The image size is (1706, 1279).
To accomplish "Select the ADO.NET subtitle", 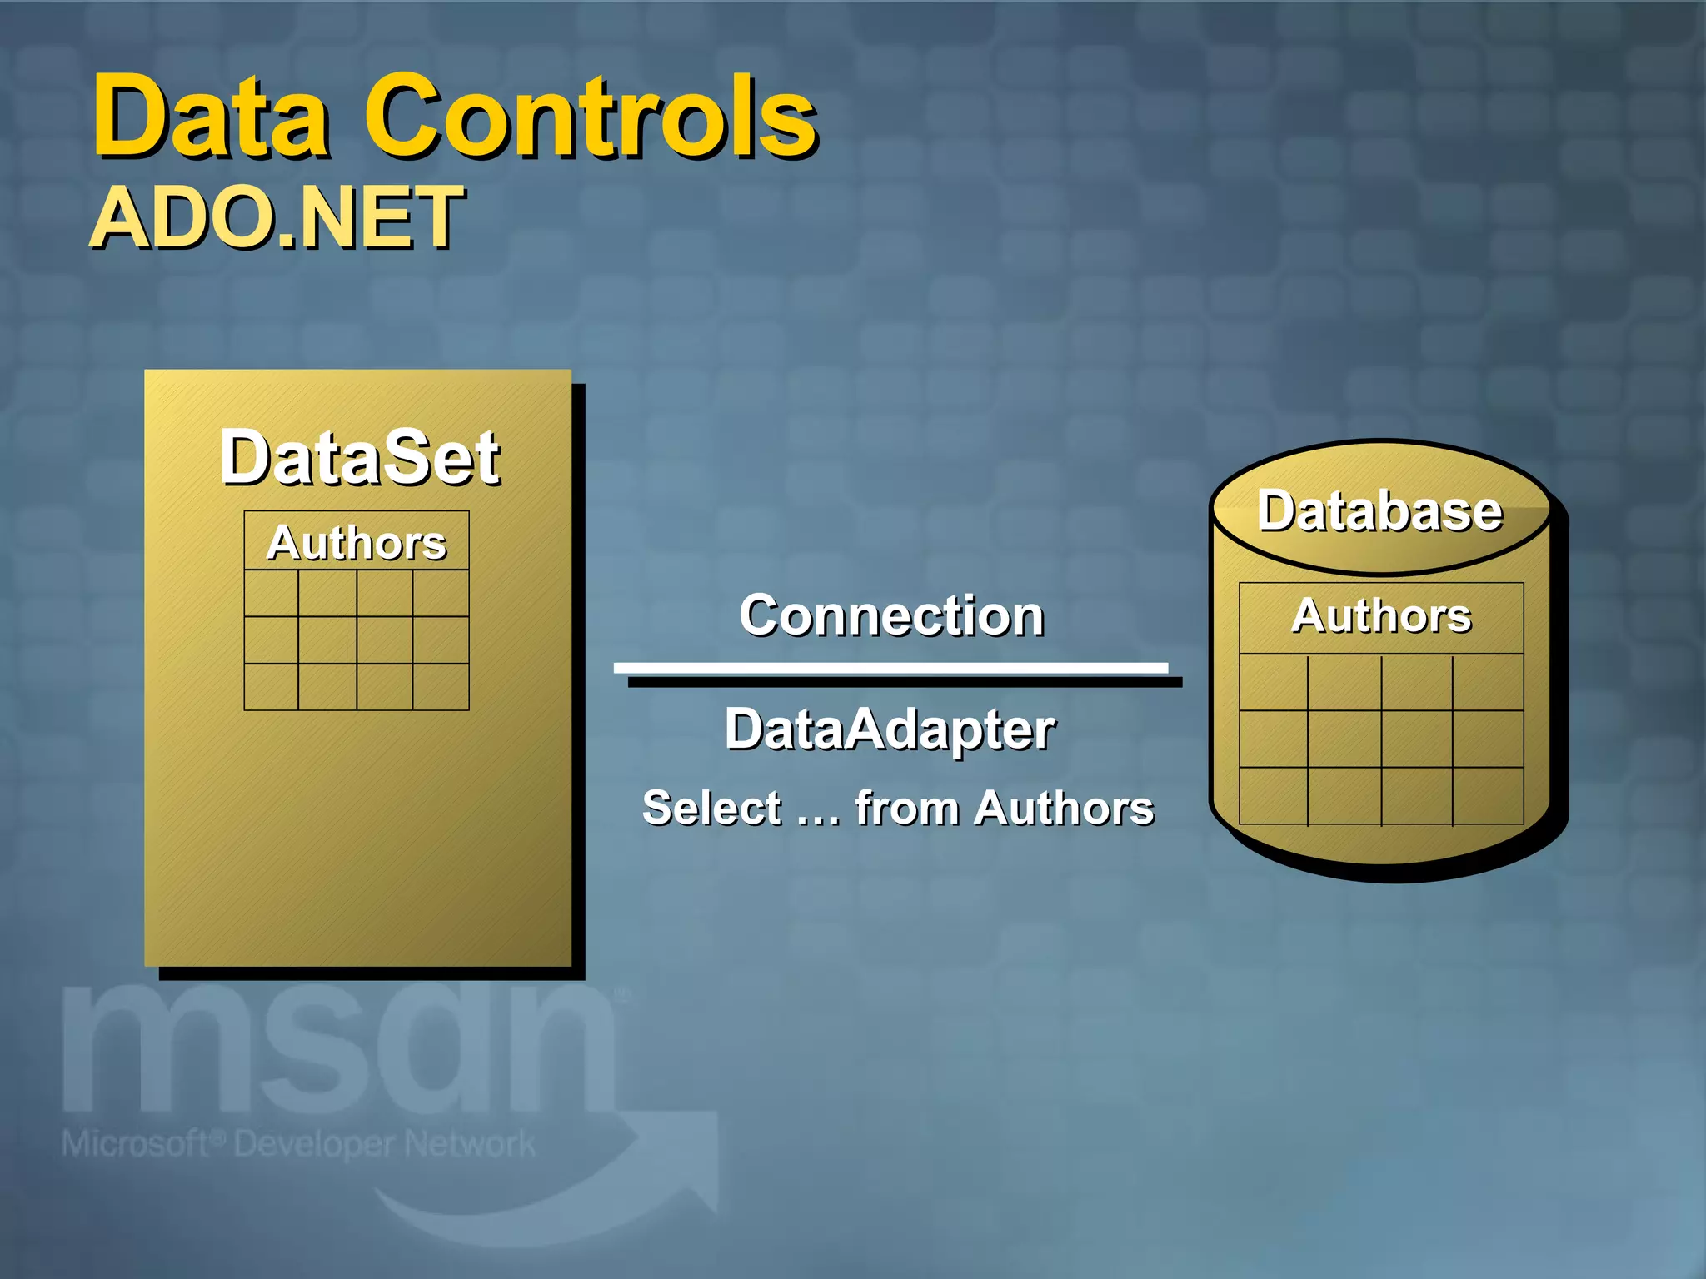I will point(277,218).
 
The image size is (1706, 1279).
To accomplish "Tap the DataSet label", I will point(360,458).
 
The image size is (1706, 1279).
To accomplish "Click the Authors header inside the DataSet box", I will point(357,543).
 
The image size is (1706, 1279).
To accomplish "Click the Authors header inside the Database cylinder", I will point(1381,616).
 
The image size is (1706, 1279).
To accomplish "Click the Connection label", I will point(891,616).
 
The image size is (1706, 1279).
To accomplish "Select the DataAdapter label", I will point(890,729).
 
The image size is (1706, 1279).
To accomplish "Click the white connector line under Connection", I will point(890,668).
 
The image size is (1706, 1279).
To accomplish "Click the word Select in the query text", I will point(712,808).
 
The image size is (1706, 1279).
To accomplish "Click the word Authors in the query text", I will point(1065,808).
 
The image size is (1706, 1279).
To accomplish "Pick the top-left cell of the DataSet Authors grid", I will point(272,593).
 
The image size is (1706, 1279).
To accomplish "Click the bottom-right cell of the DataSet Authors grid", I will point(441,687).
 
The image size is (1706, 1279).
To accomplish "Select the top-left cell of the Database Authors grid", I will point(1274,682).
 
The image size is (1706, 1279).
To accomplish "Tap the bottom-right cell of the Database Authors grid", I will point(1488,796).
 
